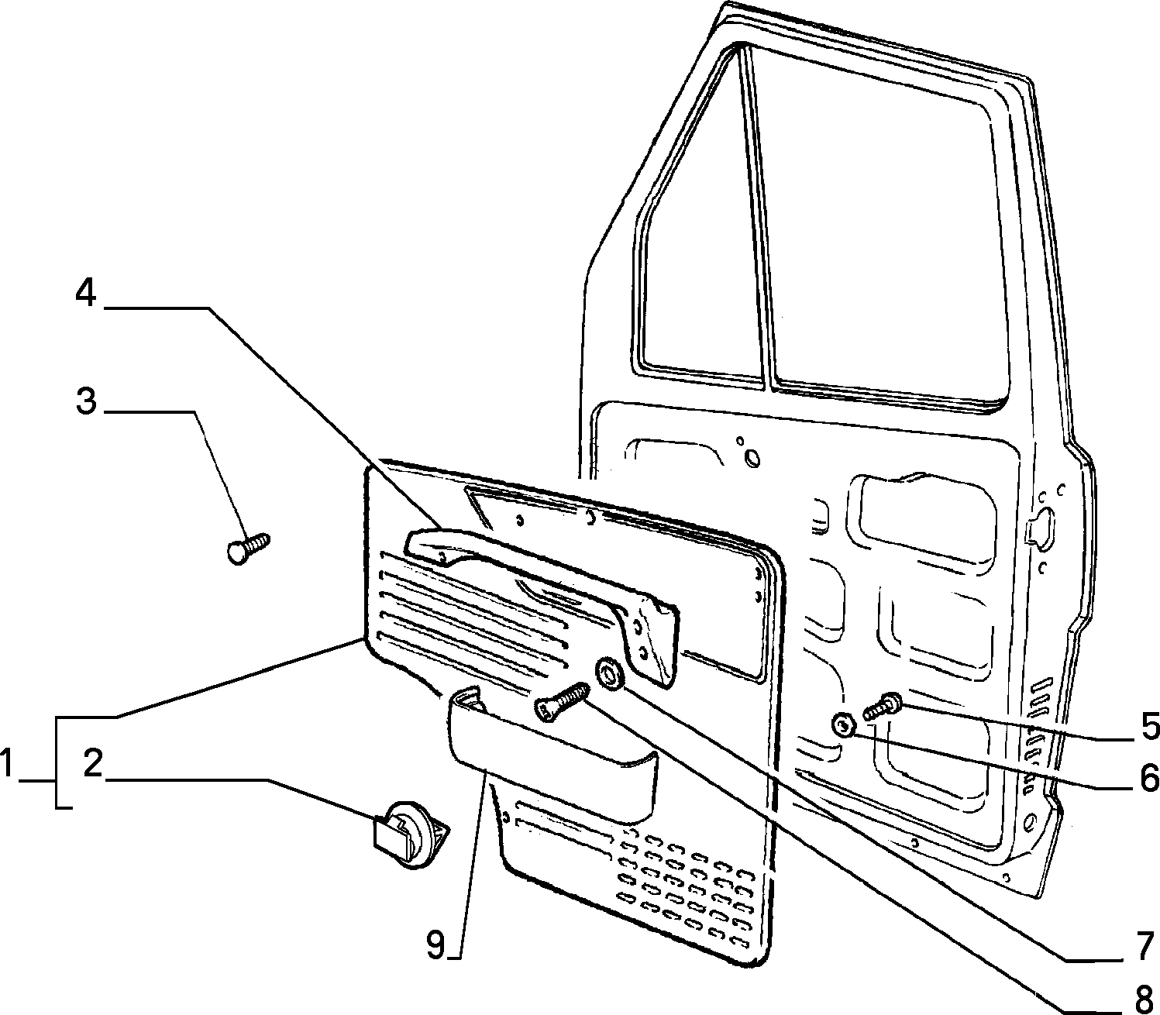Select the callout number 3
86,401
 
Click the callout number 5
1150,727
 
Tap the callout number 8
1144,998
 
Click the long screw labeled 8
561,701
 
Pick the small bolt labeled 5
883,706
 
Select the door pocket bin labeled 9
552,754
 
